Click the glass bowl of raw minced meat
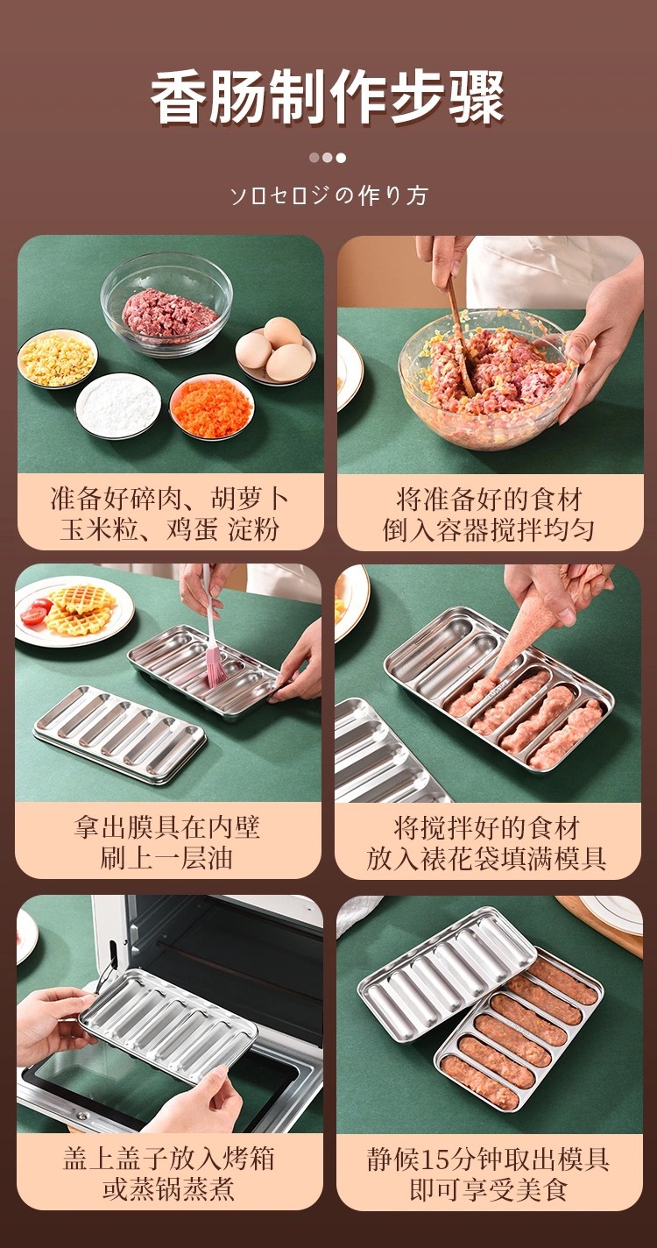click(166, 303)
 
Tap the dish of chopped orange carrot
click(212, 407)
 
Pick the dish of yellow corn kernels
click(57, 358)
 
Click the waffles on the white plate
click(80, 609)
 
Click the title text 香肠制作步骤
click(328, 96)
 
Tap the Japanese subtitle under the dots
click(329, 195)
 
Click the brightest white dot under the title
click(341, 158)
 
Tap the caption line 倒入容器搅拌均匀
click(488, 530)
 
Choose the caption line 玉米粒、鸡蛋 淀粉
click(169, 529)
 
